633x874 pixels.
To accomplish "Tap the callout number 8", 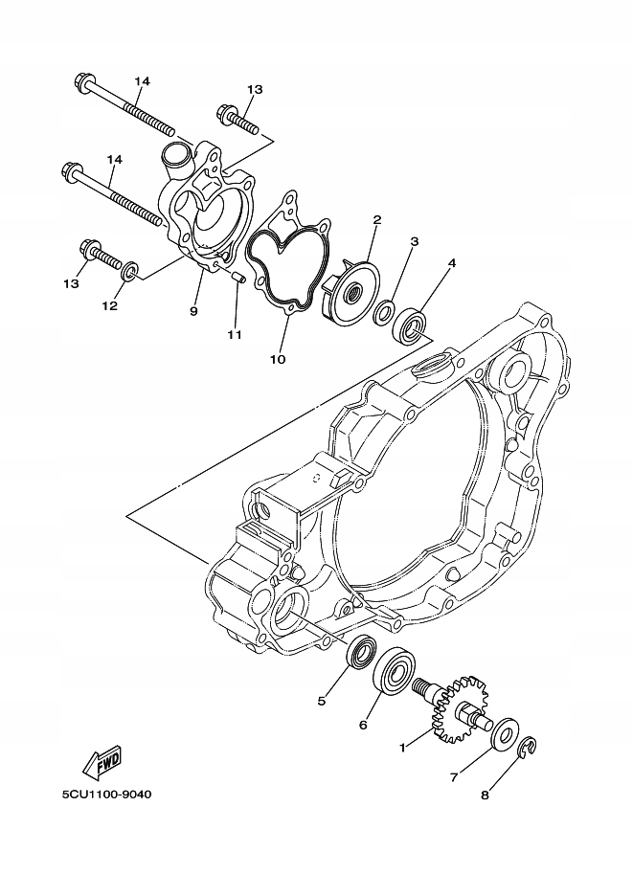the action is click(x=486, y=794).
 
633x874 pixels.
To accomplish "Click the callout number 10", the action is click(x=279, y=359).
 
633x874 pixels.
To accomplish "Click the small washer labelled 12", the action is click(x=130, y=272).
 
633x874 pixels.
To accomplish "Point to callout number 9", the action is click(x=193, y=311).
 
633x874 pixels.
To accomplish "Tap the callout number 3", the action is click(x=414, y=241).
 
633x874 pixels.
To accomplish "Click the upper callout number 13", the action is click(x=254, y=89).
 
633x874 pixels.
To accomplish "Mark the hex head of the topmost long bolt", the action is click(x=80, y=83).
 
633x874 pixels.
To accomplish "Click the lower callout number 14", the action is click(x=115, y=158).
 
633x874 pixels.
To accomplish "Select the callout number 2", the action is click(x=376, y=219).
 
